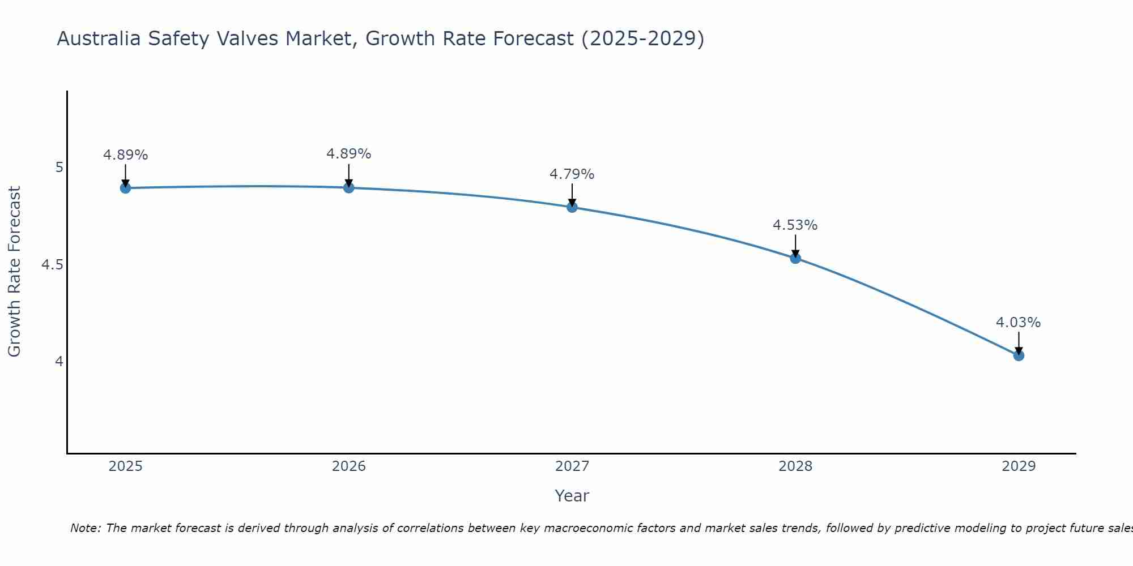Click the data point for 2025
126,188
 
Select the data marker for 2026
349,187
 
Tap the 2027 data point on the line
572,207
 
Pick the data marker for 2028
795,258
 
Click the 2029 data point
1019,355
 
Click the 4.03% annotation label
1018,323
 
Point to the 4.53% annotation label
795,225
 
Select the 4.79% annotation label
572,174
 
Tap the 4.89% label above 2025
125,155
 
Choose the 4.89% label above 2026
348,154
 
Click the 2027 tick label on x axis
572,466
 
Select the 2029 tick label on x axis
1019,466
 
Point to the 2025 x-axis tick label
126,466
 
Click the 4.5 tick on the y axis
52,265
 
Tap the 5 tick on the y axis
59,168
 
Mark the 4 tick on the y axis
59,361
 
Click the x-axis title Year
572,496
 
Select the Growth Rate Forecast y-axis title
14,272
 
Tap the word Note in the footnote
85,528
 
